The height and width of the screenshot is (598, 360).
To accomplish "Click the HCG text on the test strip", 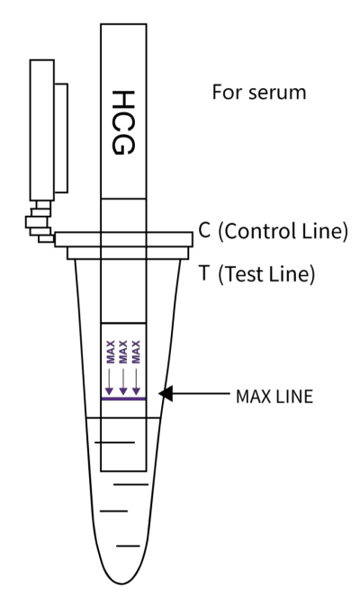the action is [x=123, y=123].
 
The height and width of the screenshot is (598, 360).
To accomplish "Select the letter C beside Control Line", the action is [x=204, y=229].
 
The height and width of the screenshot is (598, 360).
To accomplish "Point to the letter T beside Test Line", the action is [x=204, y=272].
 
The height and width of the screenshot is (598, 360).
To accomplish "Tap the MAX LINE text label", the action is [x=274, y=397].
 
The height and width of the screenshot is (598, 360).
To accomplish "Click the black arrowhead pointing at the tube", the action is [x=166, y=394].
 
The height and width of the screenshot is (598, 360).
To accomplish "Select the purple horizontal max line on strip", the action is [x=123, y=399].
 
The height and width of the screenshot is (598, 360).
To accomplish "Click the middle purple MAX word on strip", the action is [x=123, y=352].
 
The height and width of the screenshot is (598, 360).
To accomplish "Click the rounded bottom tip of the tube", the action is [x=121, y=583].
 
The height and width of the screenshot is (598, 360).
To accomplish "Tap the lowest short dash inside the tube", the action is [x=129, y=546].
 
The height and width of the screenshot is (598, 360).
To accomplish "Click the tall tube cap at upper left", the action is [x=42, y=129].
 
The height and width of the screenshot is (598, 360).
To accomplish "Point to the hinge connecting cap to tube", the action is [x=40, y=222].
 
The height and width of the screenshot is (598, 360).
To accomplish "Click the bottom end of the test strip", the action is [x=123, y=471].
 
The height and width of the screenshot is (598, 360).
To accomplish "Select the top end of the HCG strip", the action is [x=123, y=24].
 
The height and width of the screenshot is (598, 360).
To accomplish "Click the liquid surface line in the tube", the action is [x=123, y=417].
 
